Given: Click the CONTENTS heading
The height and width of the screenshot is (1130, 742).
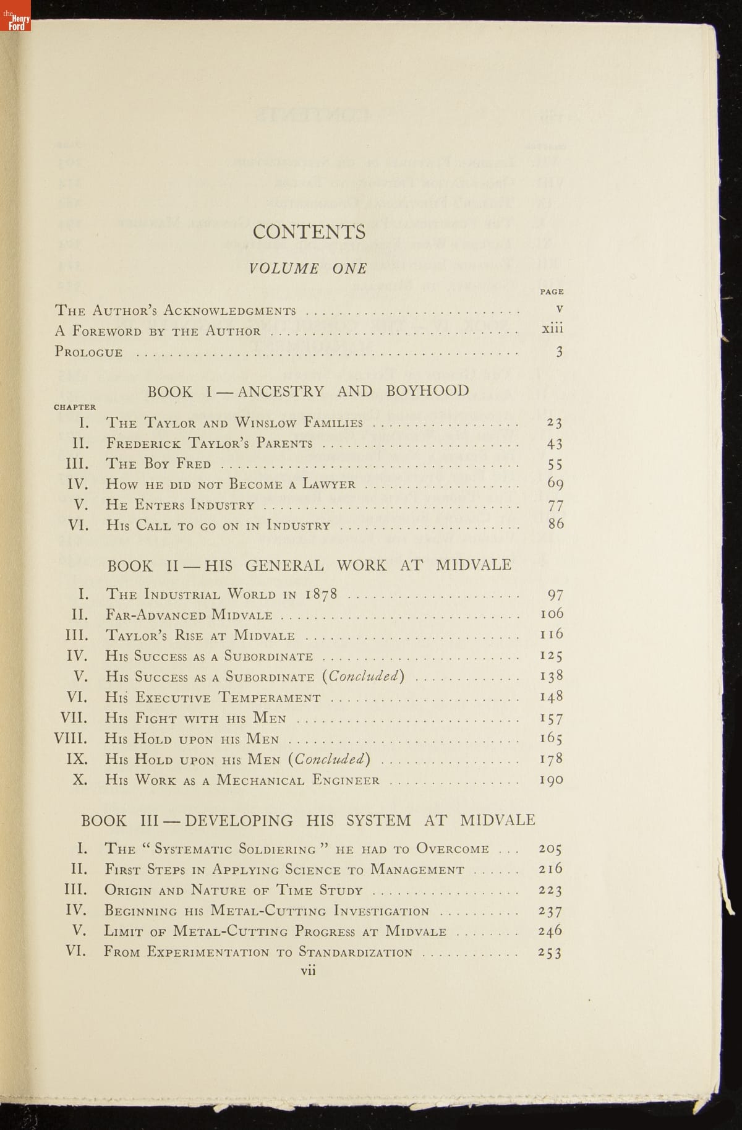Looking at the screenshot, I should pyautogui.click(x=309, y=232).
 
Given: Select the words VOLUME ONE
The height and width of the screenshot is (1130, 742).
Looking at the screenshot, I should pyautogui.click(x=308, y=268).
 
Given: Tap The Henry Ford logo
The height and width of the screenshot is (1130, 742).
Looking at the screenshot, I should pyautogui.click(x=15, y=15).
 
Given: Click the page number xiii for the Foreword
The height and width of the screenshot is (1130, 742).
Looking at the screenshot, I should pyautogui.click(x=552, y=329).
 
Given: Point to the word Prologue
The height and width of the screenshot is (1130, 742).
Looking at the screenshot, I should pyautogui.click(x=89, y=352).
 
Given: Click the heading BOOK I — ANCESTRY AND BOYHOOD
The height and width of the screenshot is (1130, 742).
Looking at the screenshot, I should pyautogui.click(x=308, y=391).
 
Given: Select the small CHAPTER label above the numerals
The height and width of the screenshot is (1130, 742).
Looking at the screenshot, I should pyautogui.click(x=75, y=407).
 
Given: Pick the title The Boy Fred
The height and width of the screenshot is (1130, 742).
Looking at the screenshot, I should pyautogui.click(x=158, y=464).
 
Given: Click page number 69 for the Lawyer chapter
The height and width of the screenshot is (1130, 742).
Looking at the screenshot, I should pyautogui.click(x=555, y=483).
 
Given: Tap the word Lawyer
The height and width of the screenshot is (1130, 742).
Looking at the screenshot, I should pyautogui.click(x=329, y=484).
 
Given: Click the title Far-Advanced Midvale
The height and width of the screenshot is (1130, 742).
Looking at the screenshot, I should pyautogui.click(x=189, y=615).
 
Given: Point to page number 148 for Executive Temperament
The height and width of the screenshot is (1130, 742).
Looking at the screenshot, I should pyautogui.click(x=551, y=697).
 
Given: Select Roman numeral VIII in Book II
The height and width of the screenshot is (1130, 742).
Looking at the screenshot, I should pyautogui.click(x=71, y=738).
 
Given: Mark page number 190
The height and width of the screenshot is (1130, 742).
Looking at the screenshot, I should pyautogui.click(x=551, y=779).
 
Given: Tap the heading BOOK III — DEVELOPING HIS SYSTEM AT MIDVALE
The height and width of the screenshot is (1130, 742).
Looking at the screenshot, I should pyautogui.click(x=308, y=821).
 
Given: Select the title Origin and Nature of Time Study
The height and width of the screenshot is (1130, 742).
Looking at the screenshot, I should pyautogui.click(x=234, y=891).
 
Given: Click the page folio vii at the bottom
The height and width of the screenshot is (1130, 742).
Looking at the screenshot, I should pyautogui.click(x=308, y=970).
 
